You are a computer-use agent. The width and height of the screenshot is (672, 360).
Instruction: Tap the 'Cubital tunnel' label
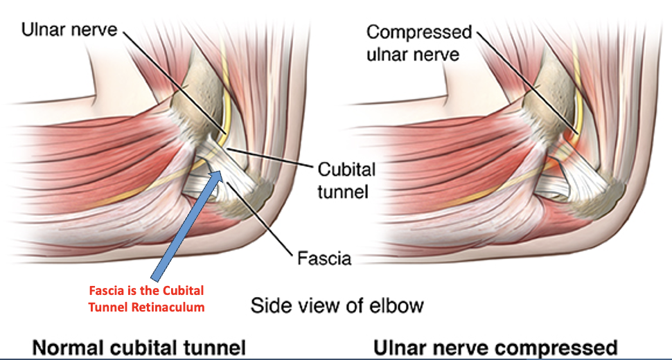pyautogui.click(x=346, y=180)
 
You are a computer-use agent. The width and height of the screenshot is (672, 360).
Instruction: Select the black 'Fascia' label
pyautogui.click(x=324, y=260)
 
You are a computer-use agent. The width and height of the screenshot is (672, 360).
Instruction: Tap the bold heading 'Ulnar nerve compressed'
pyautogui.click(x=495, y=347)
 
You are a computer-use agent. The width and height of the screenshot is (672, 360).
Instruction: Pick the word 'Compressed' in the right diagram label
pyautogui.click(x=419, y=32)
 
